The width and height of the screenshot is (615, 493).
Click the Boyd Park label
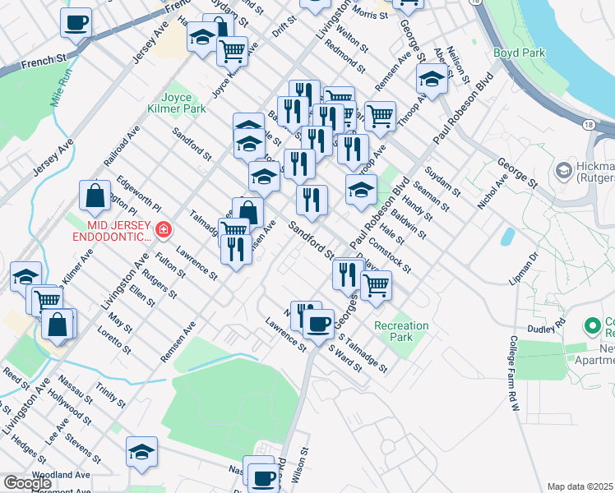click(519, 53)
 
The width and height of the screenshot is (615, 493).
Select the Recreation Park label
click(401, 332)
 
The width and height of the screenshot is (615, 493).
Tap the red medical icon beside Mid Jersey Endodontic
click(164, 229)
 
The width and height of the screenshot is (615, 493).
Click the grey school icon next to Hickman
click(563, 170)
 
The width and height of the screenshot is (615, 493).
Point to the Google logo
click(27, 483)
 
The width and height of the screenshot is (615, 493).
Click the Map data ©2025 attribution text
click(580, 486)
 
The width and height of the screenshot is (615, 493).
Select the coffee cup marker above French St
click(76, 23)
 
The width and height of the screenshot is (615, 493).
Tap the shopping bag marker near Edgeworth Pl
click(95, 196)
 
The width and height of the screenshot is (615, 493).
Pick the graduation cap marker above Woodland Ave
click(142, 451)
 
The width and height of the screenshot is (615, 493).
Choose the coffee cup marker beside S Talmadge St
click(318, 322)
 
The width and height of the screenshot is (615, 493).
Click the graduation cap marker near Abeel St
click(431, 80)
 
